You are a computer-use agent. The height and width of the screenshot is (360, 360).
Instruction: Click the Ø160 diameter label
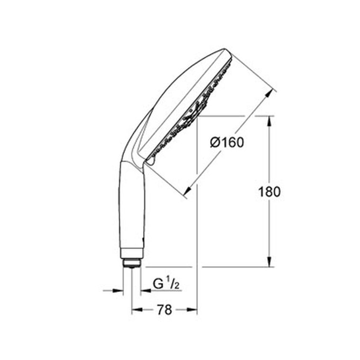[x=227, y=143]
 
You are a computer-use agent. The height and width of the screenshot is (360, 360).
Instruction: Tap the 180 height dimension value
[x=270, y=192]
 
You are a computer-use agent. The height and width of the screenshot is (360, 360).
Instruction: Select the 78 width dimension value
[x=164, y=310]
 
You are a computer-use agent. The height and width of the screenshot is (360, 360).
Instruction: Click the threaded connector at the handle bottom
[x=132, y=263]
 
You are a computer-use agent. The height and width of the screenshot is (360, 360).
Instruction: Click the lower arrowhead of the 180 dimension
[x=270, y=262]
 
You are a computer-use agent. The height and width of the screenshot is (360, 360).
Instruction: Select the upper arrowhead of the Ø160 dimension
[x=269, y=95]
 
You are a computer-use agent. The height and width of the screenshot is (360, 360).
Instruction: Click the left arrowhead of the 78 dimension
[x=137, y=310]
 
